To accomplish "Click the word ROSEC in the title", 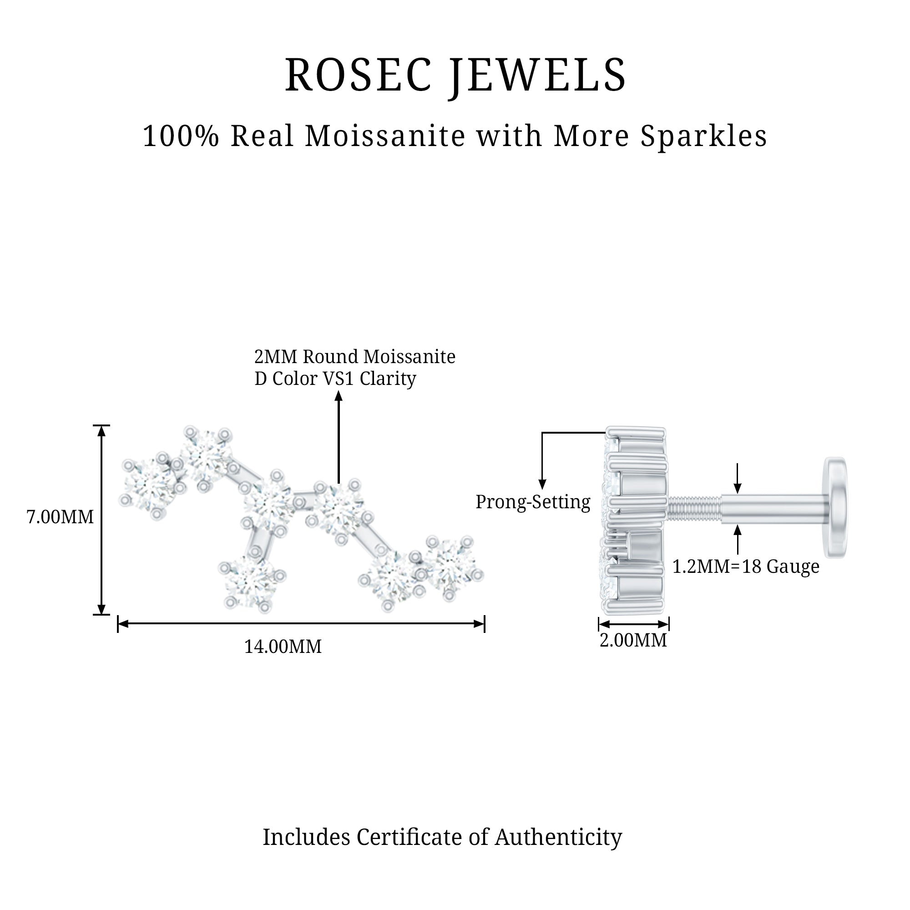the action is [x=359, y=75].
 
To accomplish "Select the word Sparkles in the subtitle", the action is [x=704, y=136].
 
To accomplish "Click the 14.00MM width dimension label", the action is [x=283, y=646].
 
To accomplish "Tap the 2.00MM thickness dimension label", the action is [x=633, y=640].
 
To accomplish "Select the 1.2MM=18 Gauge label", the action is [x=746, y=566].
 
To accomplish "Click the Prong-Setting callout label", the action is [x=533, y=502].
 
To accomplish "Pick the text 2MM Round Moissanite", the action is [x=355, y=357].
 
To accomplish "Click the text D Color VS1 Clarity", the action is [x=335, y=378].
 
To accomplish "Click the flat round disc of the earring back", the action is [x=835, y=507].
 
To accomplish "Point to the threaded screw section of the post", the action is [x=694, y=507].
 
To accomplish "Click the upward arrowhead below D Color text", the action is [x=338, y=396].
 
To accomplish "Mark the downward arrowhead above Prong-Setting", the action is [x=542, y=484].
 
